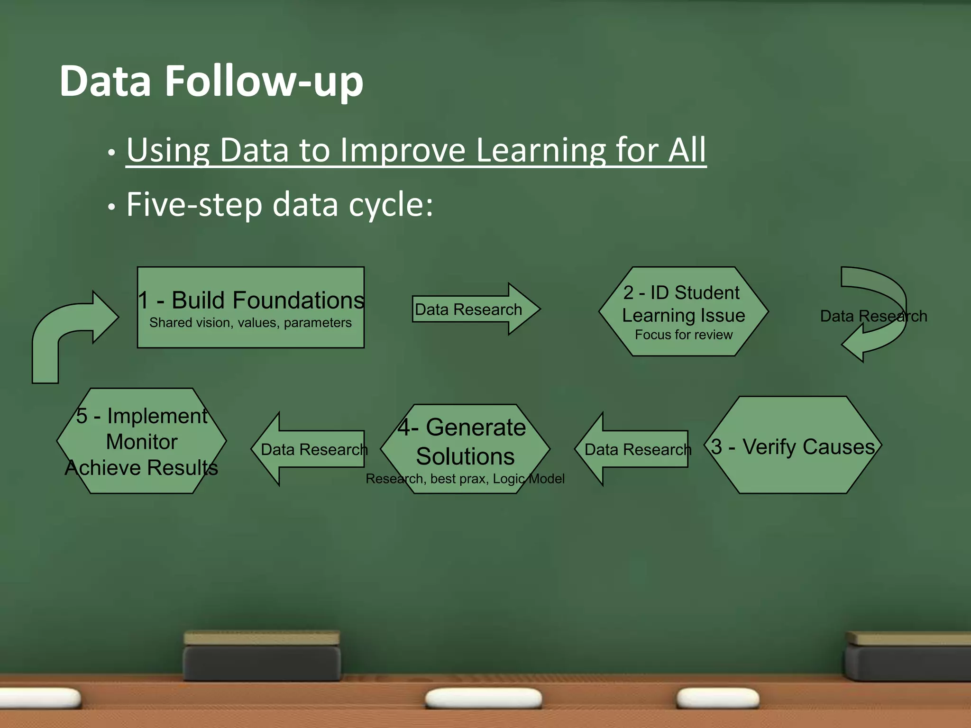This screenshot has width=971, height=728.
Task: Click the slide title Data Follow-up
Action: pos(211,82)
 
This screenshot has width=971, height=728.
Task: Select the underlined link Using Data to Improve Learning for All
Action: pos(416,150)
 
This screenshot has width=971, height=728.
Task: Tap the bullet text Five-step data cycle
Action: pos(280,205)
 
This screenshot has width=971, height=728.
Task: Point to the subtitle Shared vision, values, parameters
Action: pos(250,323)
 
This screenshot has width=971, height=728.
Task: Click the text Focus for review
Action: pos(684,335)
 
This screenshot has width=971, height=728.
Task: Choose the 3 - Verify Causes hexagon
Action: pos(793,446)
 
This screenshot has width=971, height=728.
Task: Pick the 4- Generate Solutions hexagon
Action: pos(465,442)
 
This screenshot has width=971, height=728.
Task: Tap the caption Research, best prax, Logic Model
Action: pos(465,479)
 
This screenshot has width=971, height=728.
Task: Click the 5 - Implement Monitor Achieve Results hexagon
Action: pos(141,441)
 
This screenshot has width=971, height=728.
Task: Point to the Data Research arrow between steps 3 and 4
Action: pos(633,449)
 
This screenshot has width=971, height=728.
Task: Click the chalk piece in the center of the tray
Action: pos(484,698)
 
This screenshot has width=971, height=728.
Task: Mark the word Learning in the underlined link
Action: pos(540,150)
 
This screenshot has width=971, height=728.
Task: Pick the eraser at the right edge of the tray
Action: pos(908,656)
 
